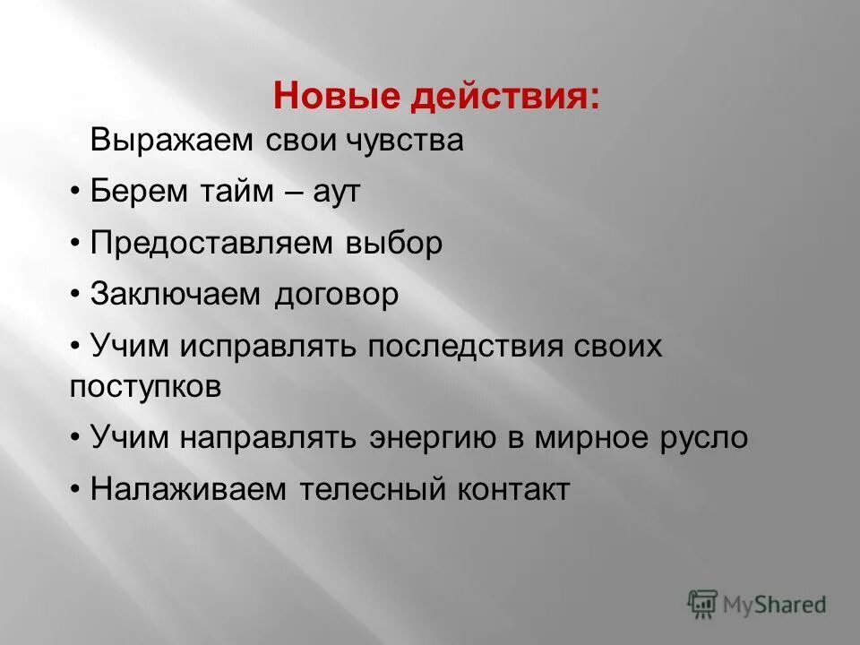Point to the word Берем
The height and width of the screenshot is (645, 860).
coord(135,192)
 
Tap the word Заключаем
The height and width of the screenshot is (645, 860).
coord(177,296)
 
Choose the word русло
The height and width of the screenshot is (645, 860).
coord(704,438)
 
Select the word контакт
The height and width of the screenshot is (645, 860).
coord(514,489)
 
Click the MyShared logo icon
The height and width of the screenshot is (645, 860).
coord(703,605)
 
